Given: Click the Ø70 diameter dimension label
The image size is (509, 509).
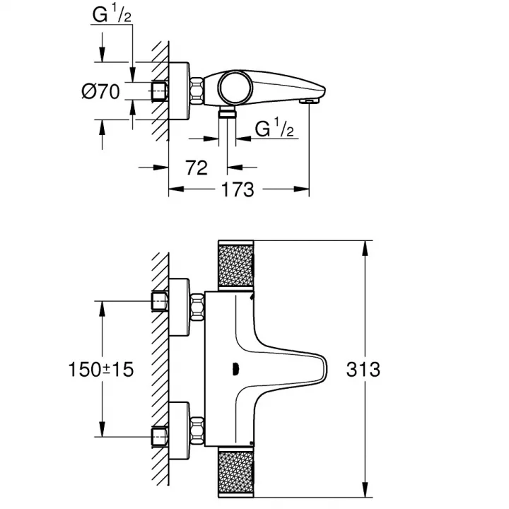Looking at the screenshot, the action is pos(100,91).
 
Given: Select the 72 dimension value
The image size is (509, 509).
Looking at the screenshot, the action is pos(197,168).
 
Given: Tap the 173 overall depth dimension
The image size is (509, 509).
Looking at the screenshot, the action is pos(238,189).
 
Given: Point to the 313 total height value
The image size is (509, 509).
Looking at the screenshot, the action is pos(363,370).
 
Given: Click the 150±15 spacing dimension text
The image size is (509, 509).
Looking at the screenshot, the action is pos(101,370).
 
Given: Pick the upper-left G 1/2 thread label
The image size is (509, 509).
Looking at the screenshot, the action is pos(112,14).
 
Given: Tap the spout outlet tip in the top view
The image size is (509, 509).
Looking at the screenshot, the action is pos(309,102).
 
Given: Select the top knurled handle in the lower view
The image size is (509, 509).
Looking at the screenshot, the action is pos(235,265).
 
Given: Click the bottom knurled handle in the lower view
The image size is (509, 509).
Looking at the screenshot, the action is pos(235,472).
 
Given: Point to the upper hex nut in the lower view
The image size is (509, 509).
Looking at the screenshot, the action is pos(197,307).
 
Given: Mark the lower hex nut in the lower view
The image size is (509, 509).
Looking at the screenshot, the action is pos(197,431).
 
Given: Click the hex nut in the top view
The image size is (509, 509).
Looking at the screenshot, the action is pos(197,91).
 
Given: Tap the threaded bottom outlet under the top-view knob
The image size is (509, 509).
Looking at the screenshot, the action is pos(227,112).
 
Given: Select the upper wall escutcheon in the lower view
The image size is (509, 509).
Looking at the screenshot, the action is pos(179,307).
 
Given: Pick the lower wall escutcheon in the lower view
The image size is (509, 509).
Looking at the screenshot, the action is pos(179,431).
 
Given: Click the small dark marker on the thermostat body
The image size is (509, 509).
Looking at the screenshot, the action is pos(235,369).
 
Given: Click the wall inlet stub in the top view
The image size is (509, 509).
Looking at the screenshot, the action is pos(159,91).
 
